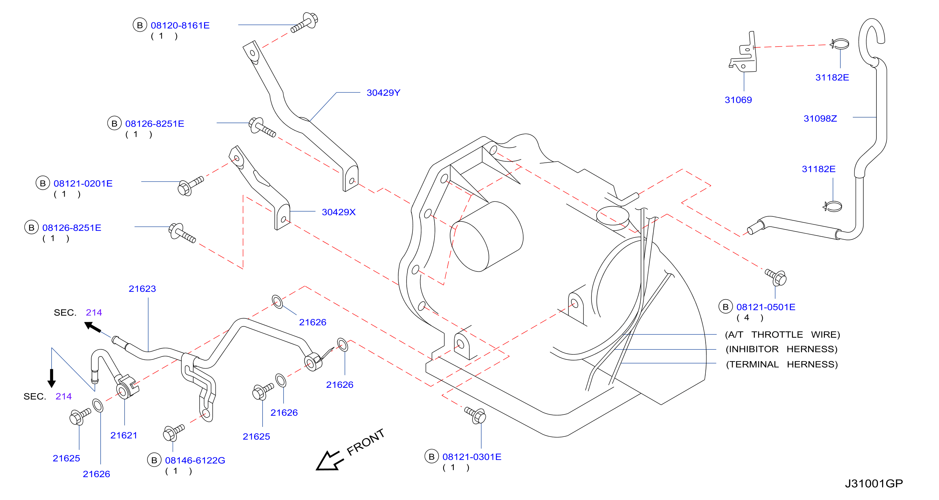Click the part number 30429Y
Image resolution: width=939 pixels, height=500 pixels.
[x=383, y=93]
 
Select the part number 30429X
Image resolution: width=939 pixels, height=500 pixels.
[x=338, y=212]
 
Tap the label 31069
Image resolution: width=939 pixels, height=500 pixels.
[x=738, y=100]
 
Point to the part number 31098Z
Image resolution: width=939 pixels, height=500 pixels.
[x=820, y=119]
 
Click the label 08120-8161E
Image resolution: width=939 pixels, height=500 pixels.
[x=180, y=26]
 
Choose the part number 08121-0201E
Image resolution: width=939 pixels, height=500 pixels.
[x=83, y=183]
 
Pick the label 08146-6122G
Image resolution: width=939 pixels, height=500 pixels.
[x=195, y=460]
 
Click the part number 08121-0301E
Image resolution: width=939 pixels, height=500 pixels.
[x=472, y=457]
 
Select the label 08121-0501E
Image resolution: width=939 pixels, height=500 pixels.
[x=766, y=307]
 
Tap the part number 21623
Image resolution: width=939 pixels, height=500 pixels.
[x=142, y=289]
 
